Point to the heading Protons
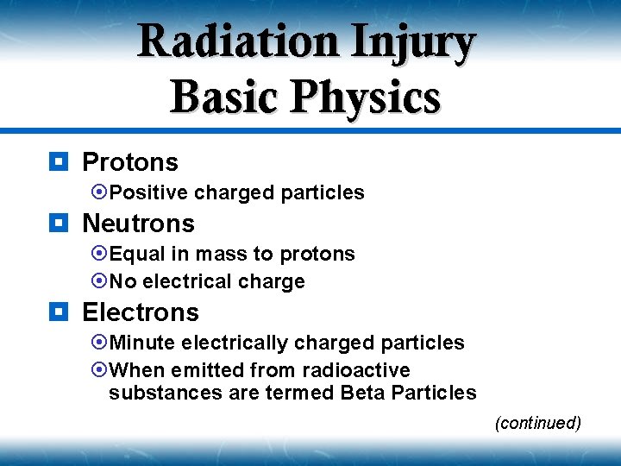[x=129, y=162]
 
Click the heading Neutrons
[x=138, y=224]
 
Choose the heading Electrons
[x=140, y=312]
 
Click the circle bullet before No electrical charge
[x=99, y=281]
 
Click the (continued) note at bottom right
[x=537, y=423]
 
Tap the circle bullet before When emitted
[x=99, y=370]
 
